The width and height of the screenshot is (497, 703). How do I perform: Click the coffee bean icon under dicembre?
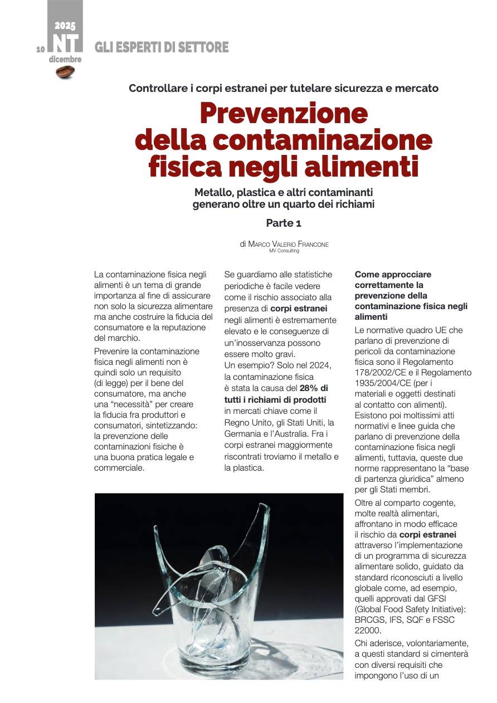pos(65,71)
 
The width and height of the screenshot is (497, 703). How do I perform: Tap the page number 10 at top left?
pos(40,49)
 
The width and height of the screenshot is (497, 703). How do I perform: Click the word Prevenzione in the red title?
pos(284,114)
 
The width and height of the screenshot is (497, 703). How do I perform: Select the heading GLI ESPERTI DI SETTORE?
pos(162,48)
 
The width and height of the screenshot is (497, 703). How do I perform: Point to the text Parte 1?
pos(283,223)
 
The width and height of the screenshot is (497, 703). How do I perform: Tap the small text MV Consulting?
pos(284,251)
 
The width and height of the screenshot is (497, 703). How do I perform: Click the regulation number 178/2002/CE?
pos(379,373)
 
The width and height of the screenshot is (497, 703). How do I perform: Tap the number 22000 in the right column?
pos(368,630)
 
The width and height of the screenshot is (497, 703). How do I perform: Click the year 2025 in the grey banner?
pos(65,26)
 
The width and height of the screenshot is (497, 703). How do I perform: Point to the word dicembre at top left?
pos(65,59)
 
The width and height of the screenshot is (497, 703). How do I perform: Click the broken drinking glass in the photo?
pos(220,590)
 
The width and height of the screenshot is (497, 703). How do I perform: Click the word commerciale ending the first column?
pos(119,468)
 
